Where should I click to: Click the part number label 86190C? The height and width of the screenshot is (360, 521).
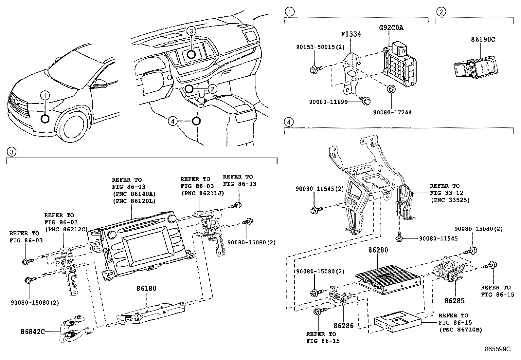[x=483, y=39]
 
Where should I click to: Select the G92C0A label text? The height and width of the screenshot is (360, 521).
[x=391, y=28]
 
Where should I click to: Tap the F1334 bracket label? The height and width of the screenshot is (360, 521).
[x=351, y=34]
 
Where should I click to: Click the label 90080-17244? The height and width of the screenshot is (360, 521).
[x=392, y=112]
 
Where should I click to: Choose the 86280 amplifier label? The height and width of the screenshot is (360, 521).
[x=378, y=250]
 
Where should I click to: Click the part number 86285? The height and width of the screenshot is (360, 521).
[x=454, y=300]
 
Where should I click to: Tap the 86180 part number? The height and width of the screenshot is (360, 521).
[x=146, y=289]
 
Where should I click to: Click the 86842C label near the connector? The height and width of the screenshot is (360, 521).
[x=32, y=331]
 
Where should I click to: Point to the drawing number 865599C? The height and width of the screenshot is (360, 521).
[x=498, y=349]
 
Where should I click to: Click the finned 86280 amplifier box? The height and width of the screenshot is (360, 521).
[x=388, y=277]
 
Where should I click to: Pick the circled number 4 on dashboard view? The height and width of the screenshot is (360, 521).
[x=173, y=121]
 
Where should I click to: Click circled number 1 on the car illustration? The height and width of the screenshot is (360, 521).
[x=45, y=95]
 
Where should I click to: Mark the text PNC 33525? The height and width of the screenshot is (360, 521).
[x=450, y=200]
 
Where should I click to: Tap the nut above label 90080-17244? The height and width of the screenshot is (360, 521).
[x=391, y=90]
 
